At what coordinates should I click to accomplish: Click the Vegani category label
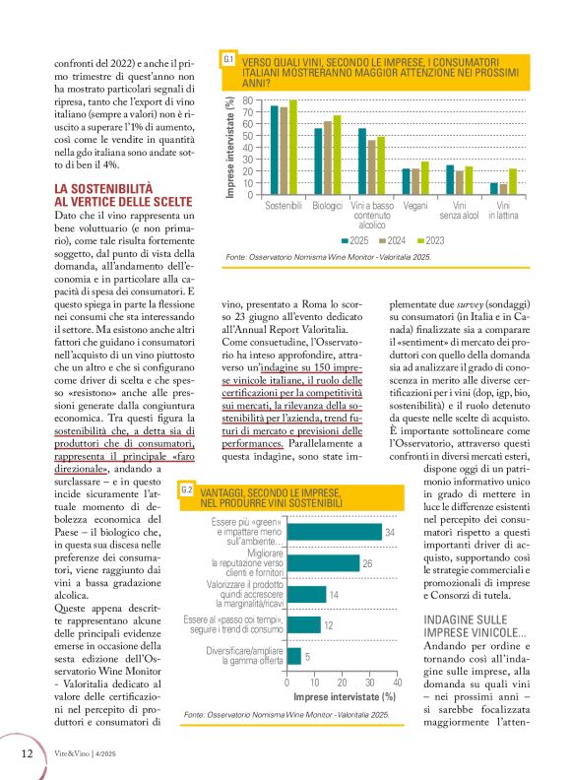pos(414,207)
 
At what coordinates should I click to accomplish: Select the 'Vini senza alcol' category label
pos(459,212)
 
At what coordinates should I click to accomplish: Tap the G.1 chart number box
pos(228,60)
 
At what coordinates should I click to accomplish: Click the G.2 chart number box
pos(186,488)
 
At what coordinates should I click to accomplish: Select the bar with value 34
pos(334,532)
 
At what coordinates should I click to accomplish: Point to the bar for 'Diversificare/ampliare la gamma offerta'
pos(293,656)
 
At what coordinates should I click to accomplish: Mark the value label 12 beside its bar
pos(327,625)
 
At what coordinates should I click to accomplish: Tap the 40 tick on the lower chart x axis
pos(397,682)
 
